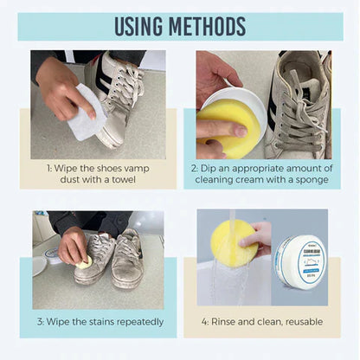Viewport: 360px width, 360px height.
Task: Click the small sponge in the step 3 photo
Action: click(84, 263)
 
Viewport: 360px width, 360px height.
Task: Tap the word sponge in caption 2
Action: click(304, 180)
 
